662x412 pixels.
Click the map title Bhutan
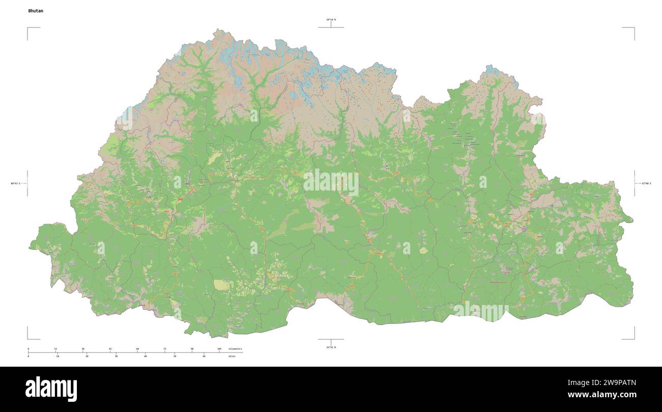coord(36,11)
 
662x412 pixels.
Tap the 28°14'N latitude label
coord(331,19)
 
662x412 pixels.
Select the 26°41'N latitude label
coord(331,347)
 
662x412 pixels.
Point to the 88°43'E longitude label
coord(15,183)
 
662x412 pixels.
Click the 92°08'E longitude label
coord(646,183)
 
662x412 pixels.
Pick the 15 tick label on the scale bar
coord(56,349)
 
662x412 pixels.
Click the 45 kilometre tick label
coord(110,349)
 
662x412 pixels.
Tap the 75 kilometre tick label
coord(164,349)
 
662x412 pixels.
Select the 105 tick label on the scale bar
coord(219,349)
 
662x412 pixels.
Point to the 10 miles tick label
coord(58,356)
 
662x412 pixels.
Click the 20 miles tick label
coord(87,356)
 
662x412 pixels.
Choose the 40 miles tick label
coord(145,356)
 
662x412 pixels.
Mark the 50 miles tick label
coord(175,356)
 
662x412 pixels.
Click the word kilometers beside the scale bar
coord(235,349)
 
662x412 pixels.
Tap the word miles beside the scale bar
coord(232,356)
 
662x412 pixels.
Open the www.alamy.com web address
coord(602,395)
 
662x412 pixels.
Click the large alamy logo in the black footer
coord(51,389)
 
